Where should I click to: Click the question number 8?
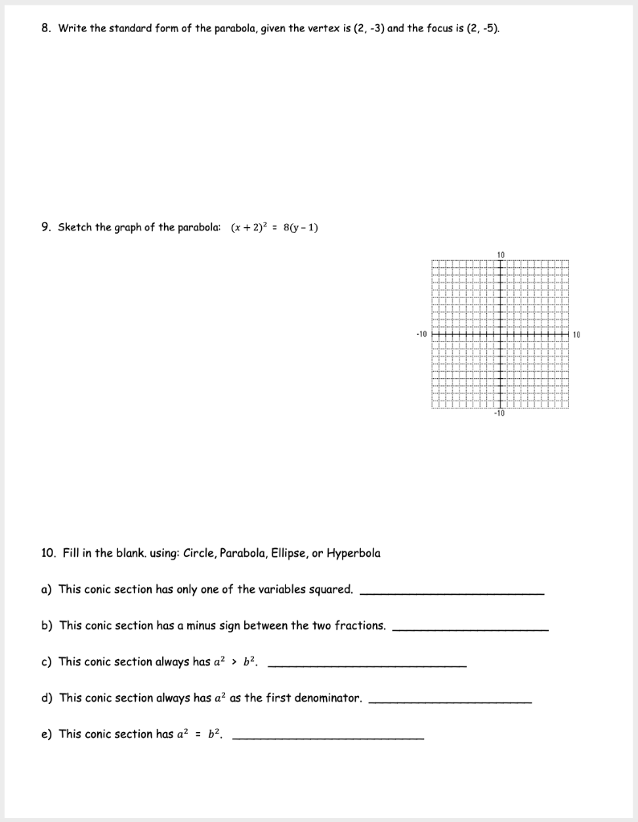(46, 29)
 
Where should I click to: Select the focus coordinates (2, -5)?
(481, 29)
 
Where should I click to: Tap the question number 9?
(46, 227)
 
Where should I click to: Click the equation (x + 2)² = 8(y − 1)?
(275, 227)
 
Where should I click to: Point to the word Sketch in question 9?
(75, 227)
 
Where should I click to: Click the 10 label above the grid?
(500, 254)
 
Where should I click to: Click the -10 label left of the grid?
(421, 334)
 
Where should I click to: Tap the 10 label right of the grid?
(576, 334)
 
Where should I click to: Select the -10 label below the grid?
(499, 413)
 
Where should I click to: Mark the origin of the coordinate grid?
(500, 334)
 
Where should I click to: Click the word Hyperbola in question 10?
(354, 553)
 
